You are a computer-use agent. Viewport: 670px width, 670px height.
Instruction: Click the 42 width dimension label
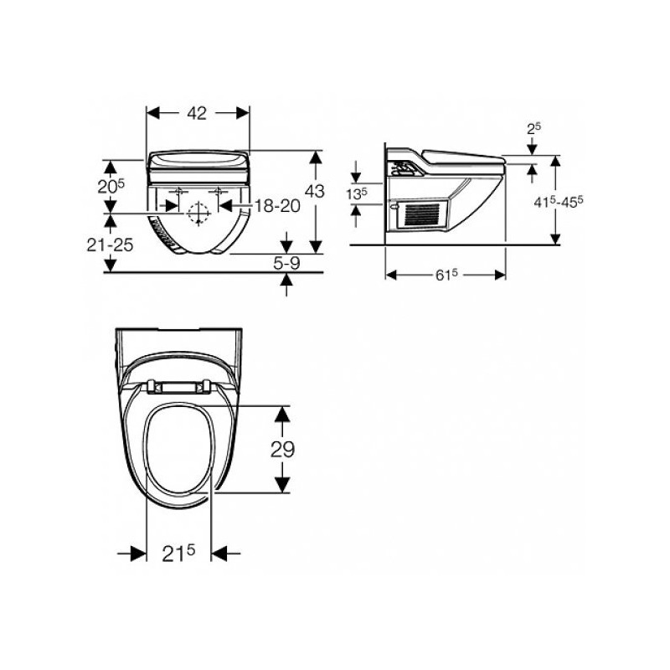[x=197, y=113]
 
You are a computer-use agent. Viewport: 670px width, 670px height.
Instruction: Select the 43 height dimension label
[x=315, y=191]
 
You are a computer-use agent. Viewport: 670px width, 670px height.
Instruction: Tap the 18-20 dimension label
[x=277, y=206]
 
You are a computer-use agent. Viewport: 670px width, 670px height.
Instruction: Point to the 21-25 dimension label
[x=110, y=245]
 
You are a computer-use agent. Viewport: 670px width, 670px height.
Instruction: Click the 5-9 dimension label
[x=286, y=263]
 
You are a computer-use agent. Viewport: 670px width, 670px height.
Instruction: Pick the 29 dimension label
[x=282, y=449]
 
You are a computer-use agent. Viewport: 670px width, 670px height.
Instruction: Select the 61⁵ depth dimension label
[x=446, y=275]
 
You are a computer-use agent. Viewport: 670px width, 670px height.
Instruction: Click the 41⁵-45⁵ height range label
[x=559, y=201]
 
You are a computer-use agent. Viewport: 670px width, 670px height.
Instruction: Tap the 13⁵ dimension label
[x=357, y=194]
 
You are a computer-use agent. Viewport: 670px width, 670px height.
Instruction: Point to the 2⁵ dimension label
[x=533, y=128]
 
